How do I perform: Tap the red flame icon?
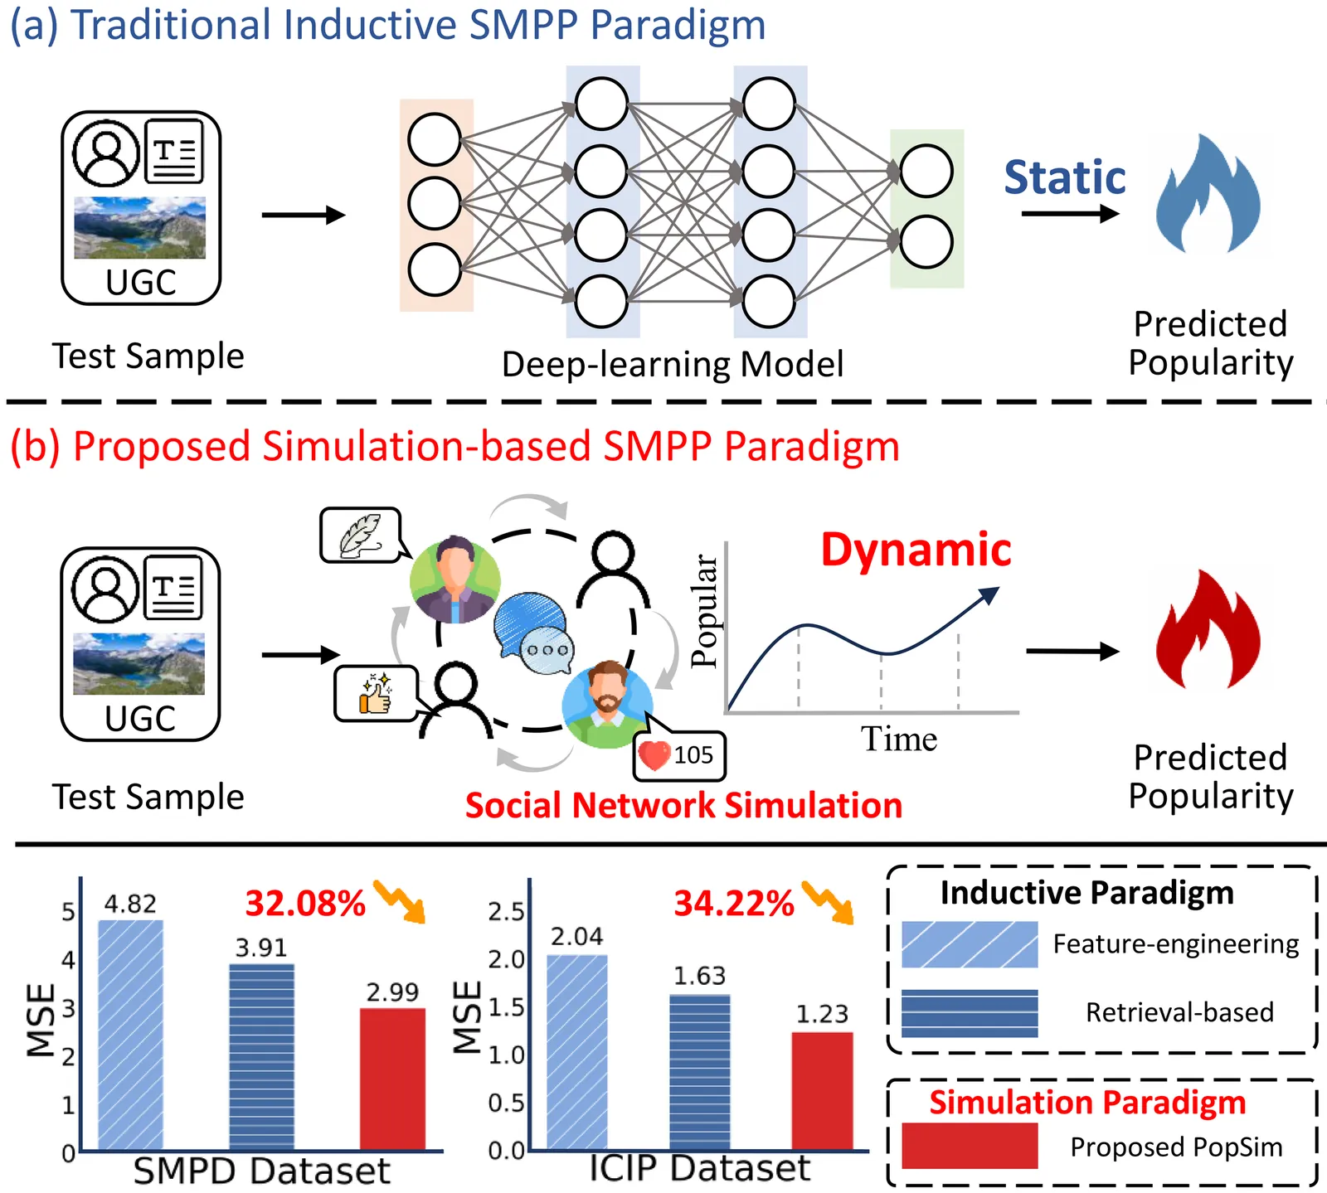1208,632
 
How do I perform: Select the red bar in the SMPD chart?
392,1078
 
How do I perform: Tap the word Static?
1065,178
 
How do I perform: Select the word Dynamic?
916,550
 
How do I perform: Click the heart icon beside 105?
654,754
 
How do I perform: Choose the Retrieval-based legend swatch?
969,1012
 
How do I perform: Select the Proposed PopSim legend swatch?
969,1146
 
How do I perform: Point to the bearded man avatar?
607,705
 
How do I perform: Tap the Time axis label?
898,739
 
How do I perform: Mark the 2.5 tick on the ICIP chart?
506,912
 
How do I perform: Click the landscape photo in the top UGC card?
139,227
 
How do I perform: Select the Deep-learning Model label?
672,364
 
